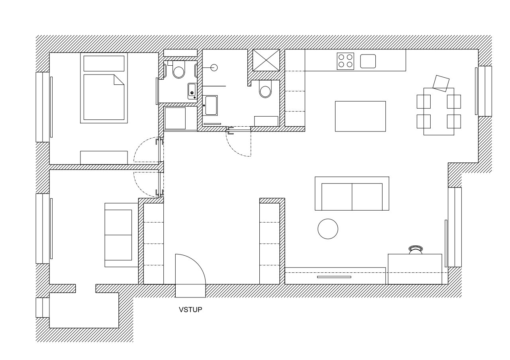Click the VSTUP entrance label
190,310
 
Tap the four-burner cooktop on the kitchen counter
345,61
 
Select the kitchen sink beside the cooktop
368,61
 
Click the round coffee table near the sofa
328,229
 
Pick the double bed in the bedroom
104,88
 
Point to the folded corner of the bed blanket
119,80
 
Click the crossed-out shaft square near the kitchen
266,60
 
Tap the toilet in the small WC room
178,70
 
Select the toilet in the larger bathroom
265,89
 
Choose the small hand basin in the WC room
192,91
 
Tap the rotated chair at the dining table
441,84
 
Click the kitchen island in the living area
361,116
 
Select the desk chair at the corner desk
416,250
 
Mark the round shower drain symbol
214,68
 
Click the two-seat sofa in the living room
352,194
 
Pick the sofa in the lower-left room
122,235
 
